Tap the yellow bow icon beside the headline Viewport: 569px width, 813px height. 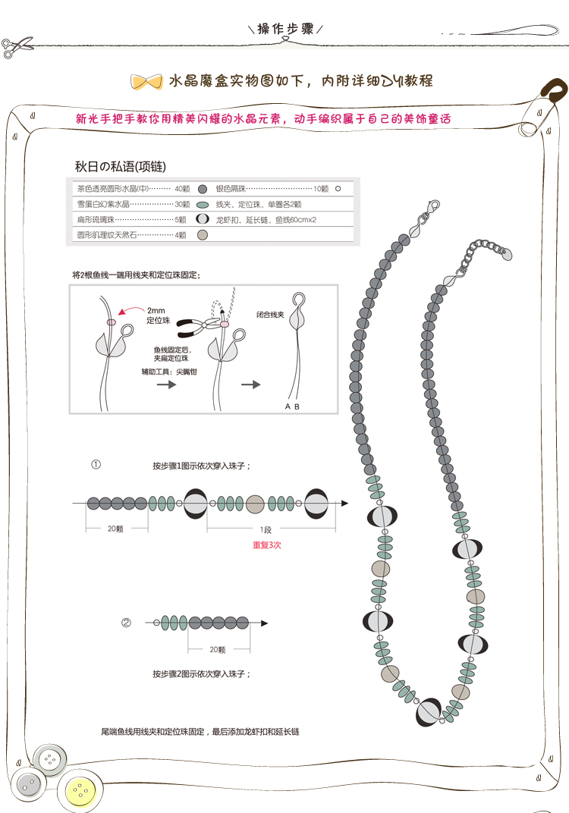pos(146,82)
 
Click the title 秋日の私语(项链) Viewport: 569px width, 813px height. pos(121,166)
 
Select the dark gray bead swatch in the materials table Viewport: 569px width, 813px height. pos(203,190)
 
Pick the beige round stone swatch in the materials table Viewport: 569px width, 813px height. pos(203,235)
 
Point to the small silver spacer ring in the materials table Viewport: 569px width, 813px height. pos(338,189)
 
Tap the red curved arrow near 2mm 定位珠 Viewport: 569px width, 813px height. pos(130,310)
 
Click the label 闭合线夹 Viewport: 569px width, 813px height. pos(270,315)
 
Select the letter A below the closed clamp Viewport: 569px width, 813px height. pos(288,406)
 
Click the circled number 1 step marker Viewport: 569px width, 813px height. pos(96,465)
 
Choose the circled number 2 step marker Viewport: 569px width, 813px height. pos(126,622)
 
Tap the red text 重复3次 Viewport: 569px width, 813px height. pos(266,545)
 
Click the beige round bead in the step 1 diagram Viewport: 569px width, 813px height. pos(255,504)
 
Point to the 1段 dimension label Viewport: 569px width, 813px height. pos(266,529)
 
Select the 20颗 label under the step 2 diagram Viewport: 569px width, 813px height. pos(218,649)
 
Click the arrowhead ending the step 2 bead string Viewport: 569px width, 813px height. pos(265,623)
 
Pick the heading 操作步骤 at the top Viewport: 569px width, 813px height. pos(285,29)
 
